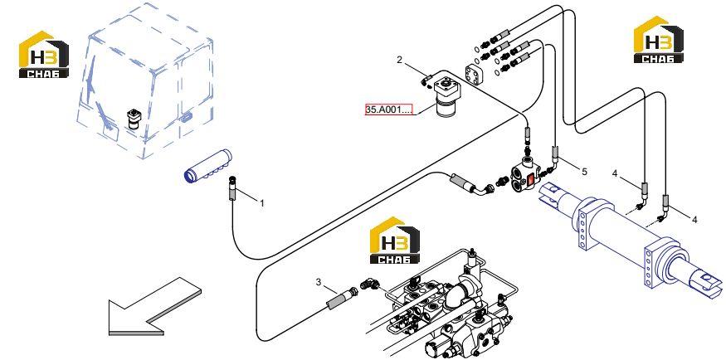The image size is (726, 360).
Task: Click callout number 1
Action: point(261,202)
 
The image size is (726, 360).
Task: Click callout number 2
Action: point(400,59)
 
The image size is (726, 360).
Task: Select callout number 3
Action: point(318,281)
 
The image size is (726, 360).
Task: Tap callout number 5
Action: point(584,172)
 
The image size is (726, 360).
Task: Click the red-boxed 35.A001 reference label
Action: point(388,109)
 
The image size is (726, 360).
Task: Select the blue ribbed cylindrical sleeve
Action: point(207,167)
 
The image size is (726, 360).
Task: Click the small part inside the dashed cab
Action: point(134,120)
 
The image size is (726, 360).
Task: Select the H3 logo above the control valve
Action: point(395,241)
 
